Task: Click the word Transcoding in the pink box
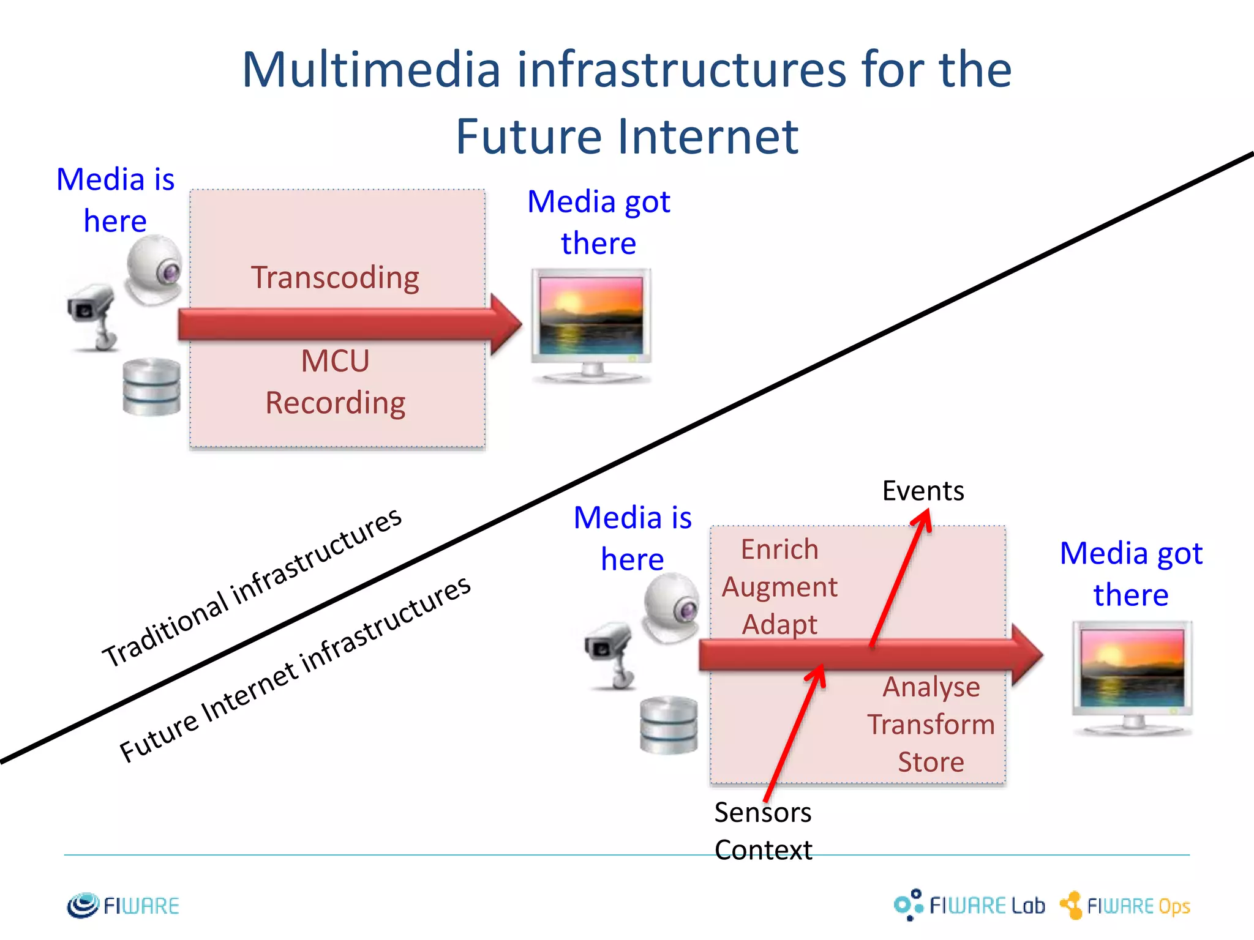(x=335, y=278)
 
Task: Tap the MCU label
(x=335, y=361)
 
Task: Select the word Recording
(x=335, y=403)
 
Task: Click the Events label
(x=923, y=491)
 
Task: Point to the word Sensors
(x=762, y=813)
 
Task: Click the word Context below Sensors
(x=763, y=850)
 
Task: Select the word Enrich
(x=779, y=550)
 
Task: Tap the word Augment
(x=779, y=587)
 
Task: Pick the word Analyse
(x=931, y=687)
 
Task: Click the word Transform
(x=931, y=725)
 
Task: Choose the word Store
(x=931, y=763)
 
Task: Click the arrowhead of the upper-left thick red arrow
(x=506, y=324)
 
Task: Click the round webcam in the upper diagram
(x=154, y=269)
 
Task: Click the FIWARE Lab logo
(x=969, y=905)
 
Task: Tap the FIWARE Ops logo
(x=1125, y=905)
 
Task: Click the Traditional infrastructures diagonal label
(x=252, y=587)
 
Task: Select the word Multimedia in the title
(x=371, y=70)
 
